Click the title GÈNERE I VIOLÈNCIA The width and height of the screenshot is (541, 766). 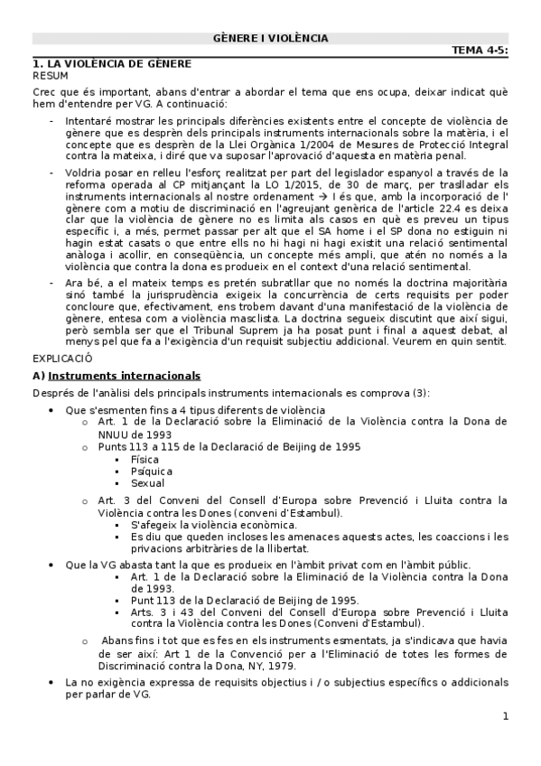pyautogui.click(x=270, y=38)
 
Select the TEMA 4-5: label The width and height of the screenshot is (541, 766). pyautogui.click(x=480, y=51)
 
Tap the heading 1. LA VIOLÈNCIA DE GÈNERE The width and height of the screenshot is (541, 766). pyautogui.click(x=111, y=64)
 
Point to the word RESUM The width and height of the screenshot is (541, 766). pyautogui.click(x=50, y=76)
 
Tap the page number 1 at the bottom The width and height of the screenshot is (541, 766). pyautogui.click(x=506, y=717)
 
